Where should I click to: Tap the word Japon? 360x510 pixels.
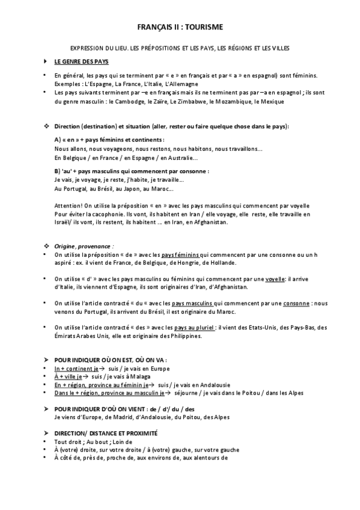pos(132,189)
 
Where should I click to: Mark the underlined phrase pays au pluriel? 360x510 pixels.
pos(195,327)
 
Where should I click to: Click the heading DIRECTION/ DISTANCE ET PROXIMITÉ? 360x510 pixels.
pos(106,432)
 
